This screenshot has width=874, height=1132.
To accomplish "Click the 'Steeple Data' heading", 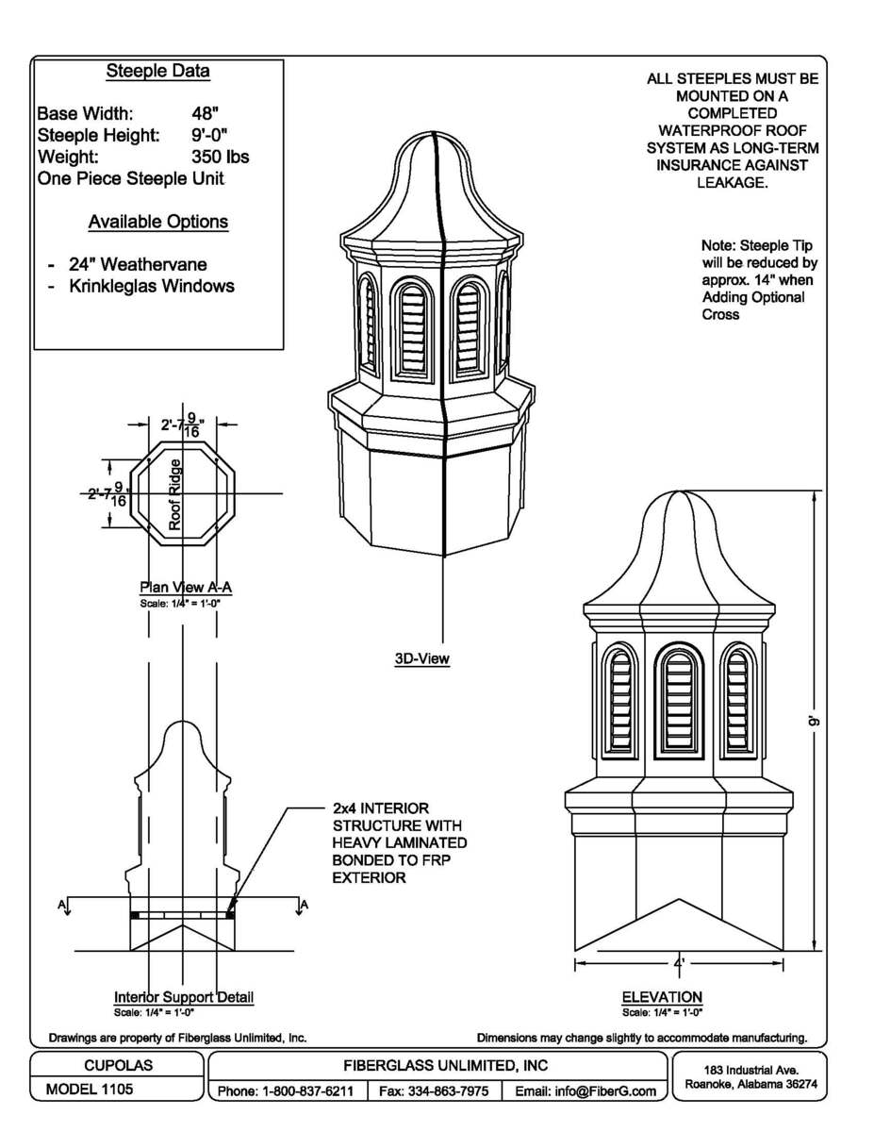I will point(157,72).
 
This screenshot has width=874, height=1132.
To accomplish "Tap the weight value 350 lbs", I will point(220,157).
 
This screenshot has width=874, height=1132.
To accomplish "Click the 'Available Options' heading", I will point(157,222).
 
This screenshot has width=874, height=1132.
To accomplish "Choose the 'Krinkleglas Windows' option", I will point(151,286).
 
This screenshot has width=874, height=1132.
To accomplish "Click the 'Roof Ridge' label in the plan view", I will point(175,493).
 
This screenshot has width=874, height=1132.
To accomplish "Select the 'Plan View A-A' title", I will point(186,588).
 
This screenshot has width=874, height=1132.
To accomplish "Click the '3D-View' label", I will point(421,659).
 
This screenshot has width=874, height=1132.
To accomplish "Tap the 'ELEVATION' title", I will point(662,997).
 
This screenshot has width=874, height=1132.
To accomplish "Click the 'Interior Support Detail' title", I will point(184,997).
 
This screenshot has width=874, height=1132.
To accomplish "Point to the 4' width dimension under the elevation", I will point(679,963).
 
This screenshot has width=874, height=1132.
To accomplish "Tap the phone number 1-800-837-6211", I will point(286,1091).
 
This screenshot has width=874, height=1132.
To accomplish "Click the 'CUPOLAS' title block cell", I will point(118,1065).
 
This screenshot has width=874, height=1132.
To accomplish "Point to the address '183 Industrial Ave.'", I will point(751,1071).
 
